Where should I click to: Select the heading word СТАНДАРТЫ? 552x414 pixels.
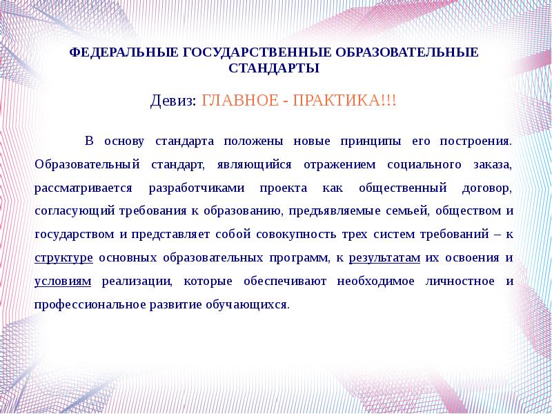coord(273,68)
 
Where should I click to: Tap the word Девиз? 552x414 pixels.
coord(172,101)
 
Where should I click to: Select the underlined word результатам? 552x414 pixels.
coord(384,258)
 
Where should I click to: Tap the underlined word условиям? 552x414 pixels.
coord(61,282)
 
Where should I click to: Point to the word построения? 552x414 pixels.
coord(475,141)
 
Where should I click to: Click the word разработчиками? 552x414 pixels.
coord(195,188)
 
